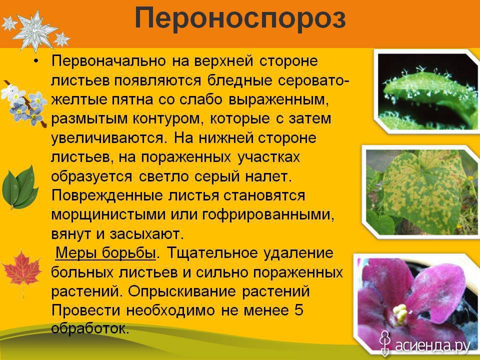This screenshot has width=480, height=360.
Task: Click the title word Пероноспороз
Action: click(x=240, y=19)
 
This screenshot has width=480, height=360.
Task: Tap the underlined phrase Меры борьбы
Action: click(x=105, y=253)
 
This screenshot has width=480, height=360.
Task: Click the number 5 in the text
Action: click(x=299, y=310)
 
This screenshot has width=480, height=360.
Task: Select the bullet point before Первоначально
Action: click(x=36, y=61)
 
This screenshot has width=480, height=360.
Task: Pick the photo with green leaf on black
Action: click(x=427, y=91)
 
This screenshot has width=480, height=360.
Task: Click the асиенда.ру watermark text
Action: click(x=432, y=345)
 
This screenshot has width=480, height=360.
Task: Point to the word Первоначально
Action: click(x=108, y=61)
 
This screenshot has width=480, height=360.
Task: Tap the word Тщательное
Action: click(x=209, y=253)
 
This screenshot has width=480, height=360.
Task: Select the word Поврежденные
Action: click(x=108, y=196)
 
